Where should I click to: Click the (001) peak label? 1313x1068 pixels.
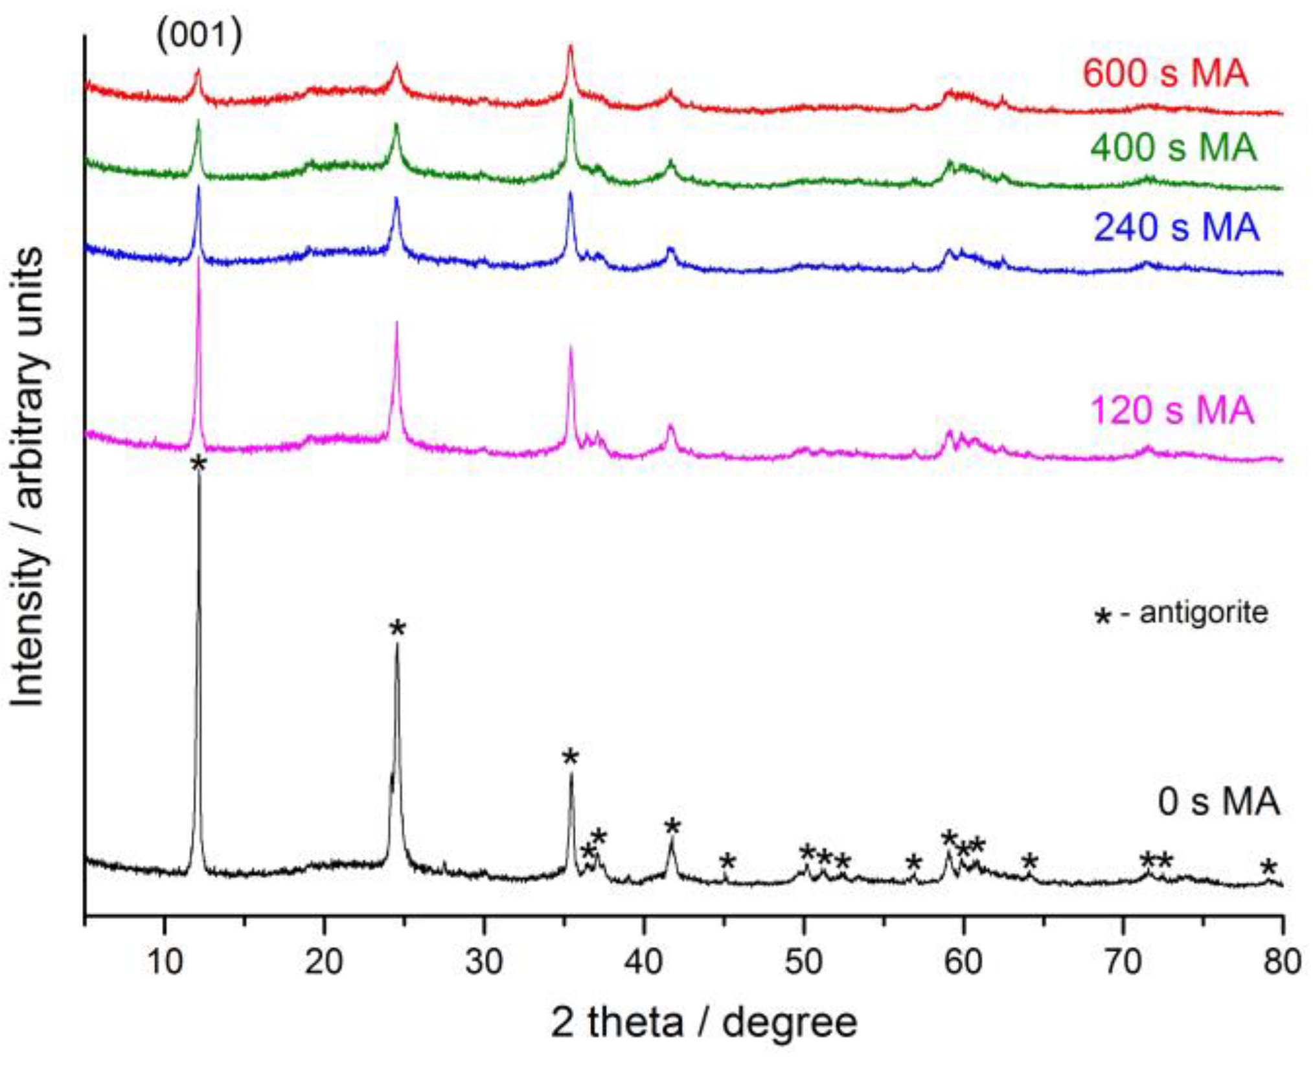(x=199, y=35)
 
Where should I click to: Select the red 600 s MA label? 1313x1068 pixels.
(x=1165, y=73)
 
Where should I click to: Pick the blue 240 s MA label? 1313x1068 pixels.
(x=1176, y=227)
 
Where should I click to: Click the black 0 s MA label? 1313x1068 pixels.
(x=1218, y=802)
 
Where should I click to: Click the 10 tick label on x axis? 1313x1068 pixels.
(x=165, y=962)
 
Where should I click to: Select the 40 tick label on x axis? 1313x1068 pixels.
(x=643, y=962)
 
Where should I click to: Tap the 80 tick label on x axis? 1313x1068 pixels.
(x=1281, y=962)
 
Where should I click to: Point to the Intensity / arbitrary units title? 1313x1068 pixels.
(x=28, y=477)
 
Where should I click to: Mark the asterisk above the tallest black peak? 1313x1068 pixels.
(x=199, y=464)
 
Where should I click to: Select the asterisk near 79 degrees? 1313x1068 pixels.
(x=1268, y=867)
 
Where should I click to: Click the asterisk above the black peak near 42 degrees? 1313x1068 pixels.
(x=672, y=826)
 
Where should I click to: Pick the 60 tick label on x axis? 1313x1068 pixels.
(x=963, y=962)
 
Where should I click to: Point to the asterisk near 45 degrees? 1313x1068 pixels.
(x=727, y=861)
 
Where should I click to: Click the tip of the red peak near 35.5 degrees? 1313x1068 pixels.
(x=570, y=46)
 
